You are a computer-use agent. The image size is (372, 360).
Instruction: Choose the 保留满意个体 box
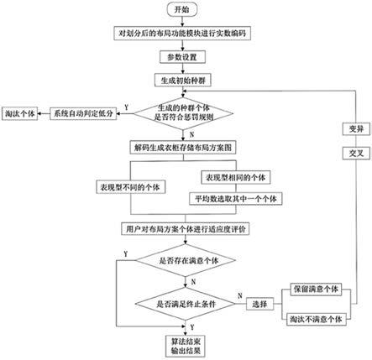pos(317,288)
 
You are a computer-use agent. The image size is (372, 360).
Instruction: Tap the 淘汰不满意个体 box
pos(317,319)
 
